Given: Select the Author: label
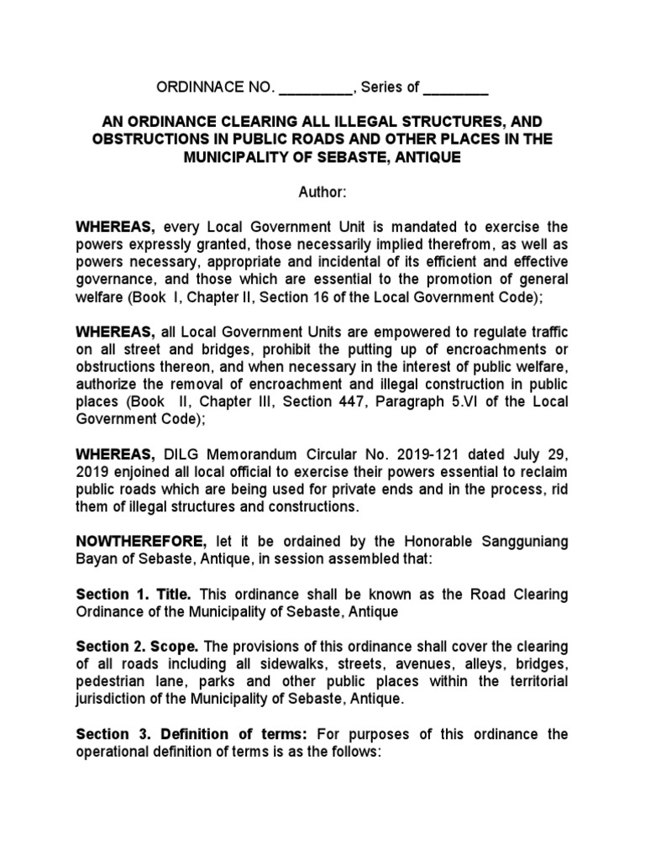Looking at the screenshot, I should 322,192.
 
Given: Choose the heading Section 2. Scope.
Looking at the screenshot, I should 137,647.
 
